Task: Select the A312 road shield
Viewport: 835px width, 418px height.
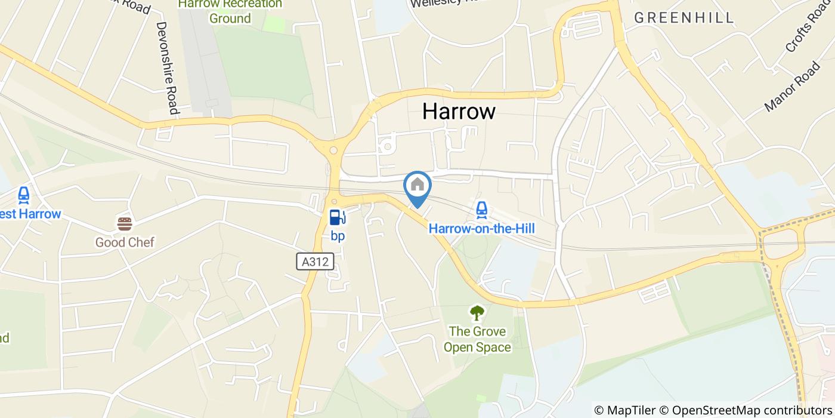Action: [x=315, y=262]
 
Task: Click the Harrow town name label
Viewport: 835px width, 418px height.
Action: [x=459, y=111]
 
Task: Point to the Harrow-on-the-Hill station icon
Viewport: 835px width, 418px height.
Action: [x=481, y=209]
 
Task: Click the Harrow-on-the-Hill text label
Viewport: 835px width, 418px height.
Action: [x=482, y=229]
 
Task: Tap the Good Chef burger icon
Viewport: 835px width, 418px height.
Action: [x=125, y=224]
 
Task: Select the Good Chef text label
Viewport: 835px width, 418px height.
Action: [x=125, y=242]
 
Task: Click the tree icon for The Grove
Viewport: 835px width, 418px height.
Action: [x=477, y=312]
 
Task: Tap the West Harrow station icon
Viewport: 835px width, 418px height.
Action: [x=24, y=195]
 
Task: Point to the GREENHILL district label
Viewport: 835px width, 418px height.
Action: [x=684, y=18]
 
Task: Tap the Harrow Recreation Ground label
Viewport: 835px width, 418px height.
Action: [x=230, y=11]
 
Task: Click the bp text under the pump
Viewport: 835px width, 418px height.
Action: [x=338, y=236]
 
